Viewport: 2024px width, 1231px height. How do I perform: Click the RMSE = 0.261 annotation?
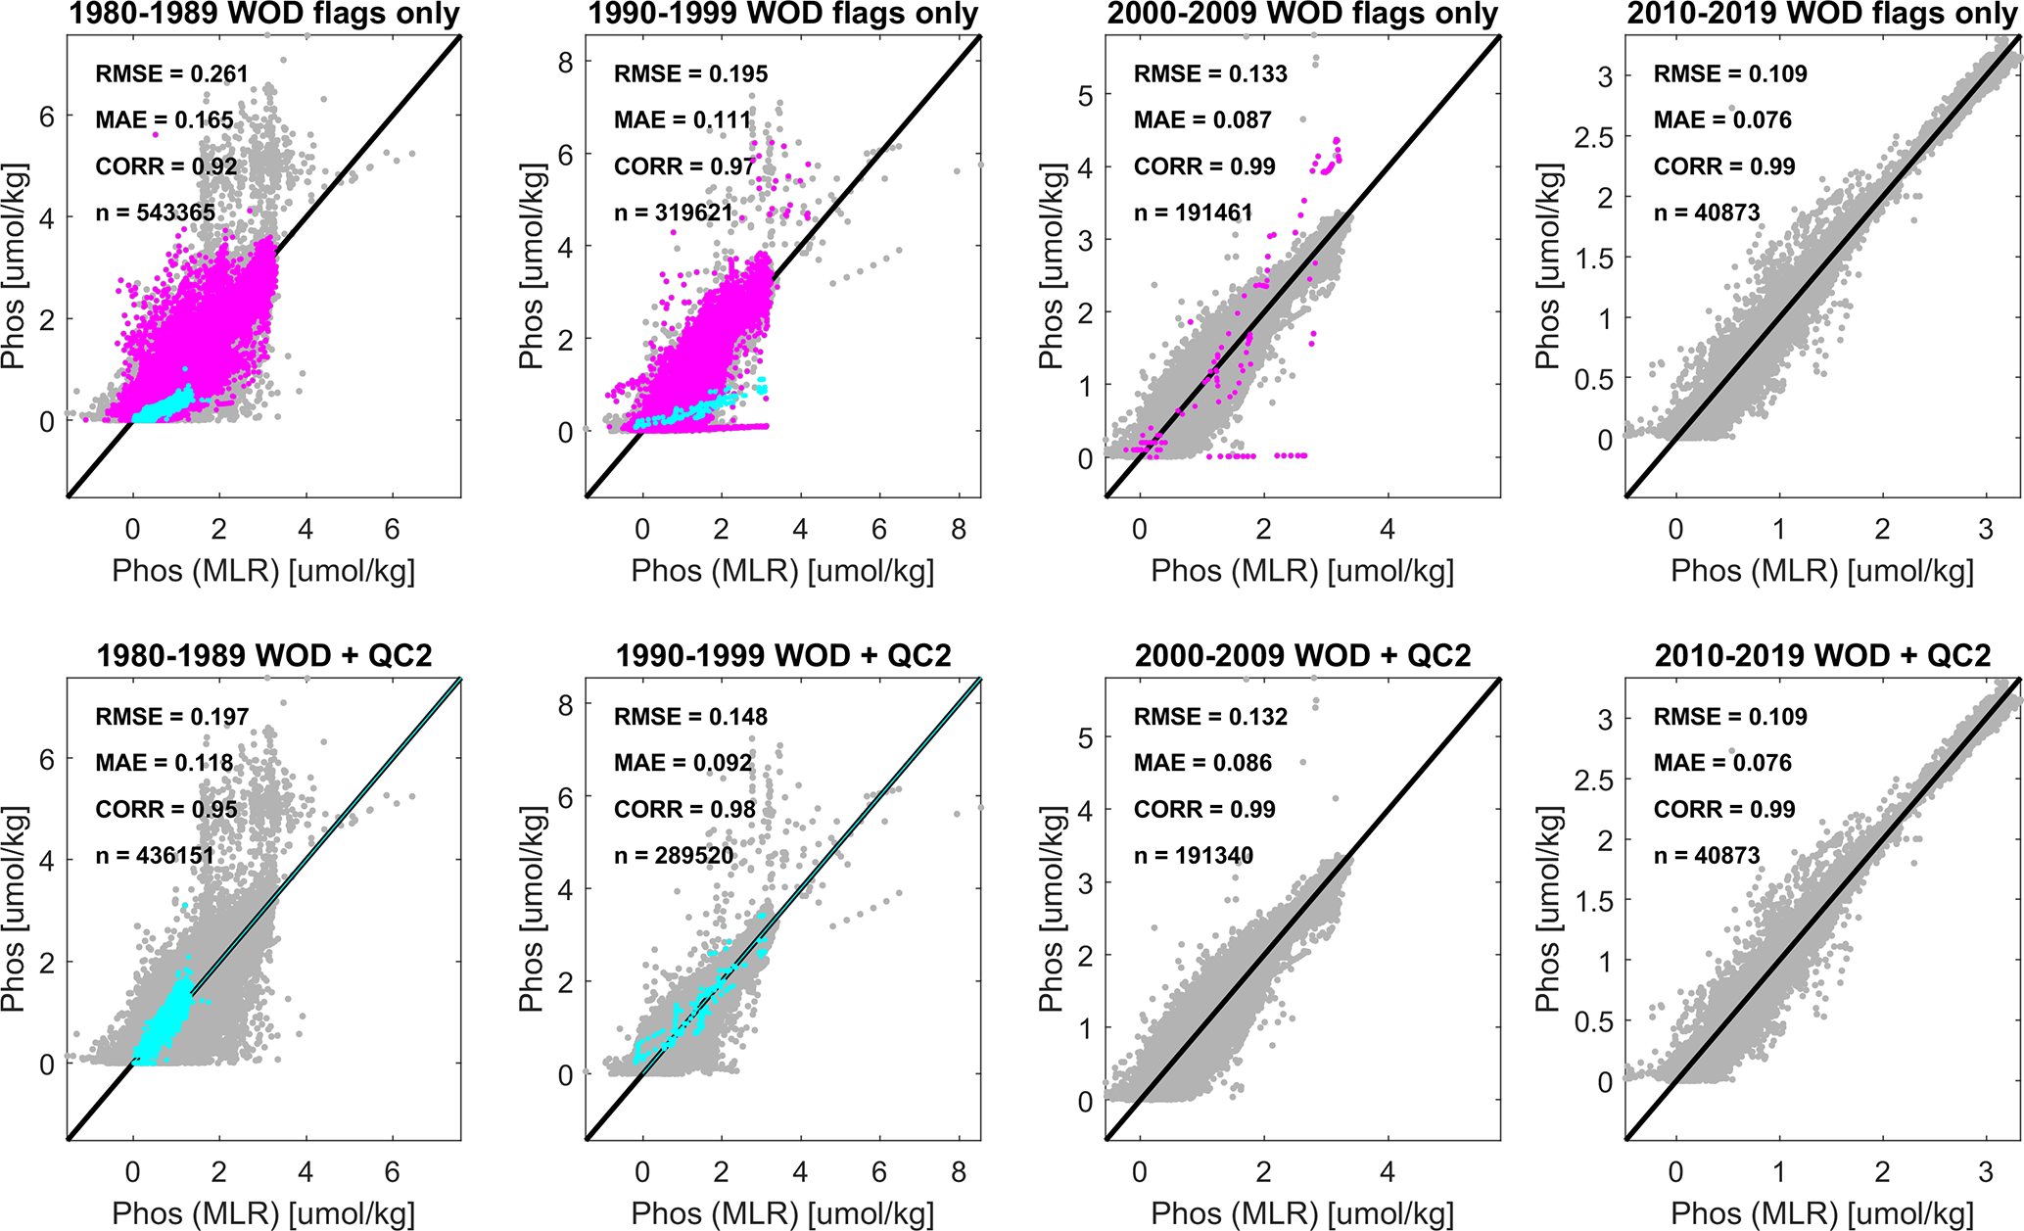click(x=171, y=74)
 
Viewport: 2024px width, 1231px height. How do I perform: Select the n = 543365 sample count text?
click(x=155, y=213)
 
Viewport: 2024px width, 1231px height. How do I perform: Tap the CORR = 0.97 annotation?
click(x=684, y=166)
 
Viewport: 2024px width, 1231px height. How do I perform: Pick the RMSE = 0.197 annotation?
click(x=171, y=717)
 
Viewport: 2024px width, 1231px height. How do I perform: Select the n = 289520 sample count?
click(x=674, y=856)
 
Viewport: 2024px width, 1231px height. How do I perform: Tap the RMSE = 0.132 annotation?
click(x=1210, y=717)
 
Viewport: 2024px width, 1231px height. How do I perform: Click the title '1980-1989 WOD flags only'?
click(x=264, y=15)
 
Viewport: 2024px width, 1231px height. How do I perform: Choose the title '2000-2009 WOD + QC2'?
click(x=1302, y=655)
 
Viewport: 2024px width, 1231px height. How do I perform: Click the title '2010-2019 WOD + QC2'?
click(x=1822, y=655)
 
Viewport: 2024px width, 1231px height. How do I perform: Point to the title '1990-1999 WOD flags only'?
click(x=782, y=15)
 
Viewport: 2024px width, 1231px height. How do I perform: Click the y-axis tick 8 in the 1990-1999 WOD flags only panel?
click(x=565, y=63)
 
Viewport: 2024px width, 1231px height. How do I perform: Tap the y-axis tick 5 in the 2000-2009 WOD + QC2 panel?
click(x=1085, y=737)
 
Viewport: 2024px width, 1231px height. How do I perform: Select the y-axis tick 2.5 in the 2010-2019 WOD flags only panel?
click(x=1592, y=138)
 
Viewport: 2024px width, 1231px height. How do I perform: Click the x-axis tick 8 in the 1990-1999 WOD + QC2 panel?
click(x=959, y=1172)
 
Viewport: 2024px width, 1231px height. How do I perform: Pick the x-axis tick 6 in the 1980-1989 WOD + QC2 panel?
click(x=393, y=1172)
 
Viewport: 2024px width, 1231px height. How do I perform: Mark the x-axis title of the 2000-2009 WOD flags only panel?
click(x=1302, y=571)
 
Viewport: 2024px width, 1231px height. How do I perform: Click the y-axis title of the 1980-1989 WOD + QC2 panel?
click(x=14, y=908)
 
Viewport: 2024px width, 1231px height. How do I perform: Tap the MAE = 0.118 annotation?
click(x=165, y=763)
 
